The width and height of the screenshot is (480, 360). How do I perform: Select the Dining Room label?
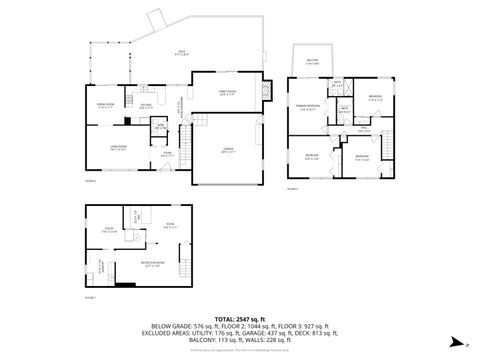(105, 103)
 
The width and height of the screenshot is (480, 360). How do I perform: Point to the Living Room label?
(117, 147)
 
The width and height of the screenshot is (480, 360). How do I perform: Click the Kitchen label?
(145, 105)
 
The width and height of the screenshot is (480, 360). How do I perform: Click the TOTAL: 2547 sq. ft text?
(239, 317)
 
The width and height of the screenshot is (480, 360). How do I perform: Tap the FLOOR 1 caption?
(90, 297)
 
